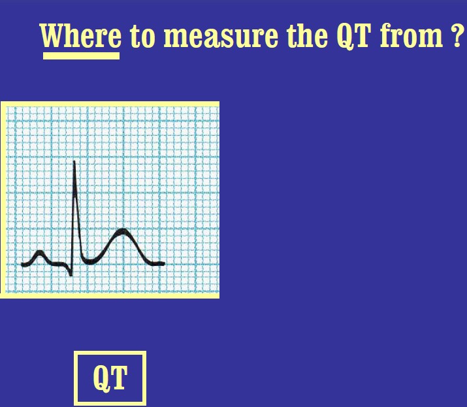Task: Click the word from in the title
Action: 410,37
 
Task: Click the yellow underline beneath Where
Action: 81,56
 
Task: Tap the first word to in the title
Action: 143,37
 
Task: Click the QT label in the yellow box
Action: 110,378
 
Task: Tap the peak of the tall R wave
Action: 74,162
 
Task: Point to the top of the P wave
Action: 39,252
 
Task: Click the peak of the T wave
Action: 121,231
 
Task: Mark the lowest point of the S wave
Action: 71,274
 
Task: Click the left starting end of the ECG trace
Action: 23,265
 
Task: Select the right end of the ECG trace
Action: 163,263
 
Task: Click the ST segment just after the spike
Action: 88,261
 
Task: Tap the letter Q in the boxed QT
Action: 101,378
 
